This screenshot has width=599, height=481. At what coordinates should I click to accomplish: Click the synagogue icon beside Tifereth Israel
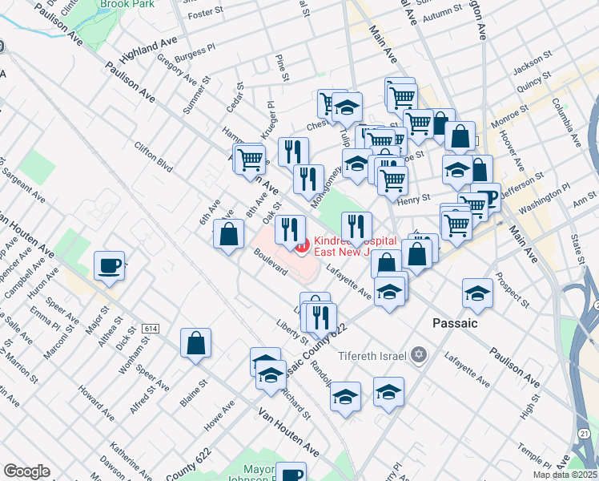tap(418, 355)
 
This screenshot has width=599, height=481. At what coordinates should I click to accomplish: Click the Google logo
tap(26, 472)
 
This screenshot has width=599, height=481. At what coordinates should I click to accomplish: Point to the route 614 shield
tap(150, 329)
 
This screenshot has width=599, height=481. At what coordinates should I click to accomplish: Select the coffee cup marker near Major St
tap(109, 265)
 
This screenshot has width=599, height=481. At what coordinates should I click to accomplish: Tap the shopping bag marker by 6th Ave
tap(228, 234)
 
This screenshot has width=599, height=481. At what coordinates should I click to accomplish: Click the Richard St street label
tap(296, 404)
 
